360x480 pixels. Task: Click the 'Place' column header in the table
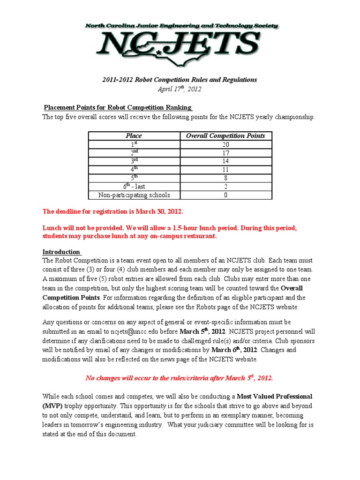[x=134, y=136]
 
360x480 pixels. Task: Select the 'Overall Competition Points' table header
[x=225, y=136]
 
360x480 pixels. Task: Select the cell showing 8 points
[x=225, y=178]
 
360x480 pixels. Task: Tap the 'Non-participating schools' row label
[x=134, y=195]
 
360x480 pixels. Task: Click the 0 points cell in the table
[x=225, y=195]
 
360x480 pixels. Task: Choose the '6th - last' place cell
[x=134, y=187]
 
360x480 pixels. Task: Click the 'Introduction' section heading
[x=61, y=251]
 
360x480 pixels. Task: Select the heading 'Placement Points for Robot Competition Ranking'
[x=117, y=107]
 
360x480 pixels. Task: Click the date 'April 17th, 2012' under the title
[x=180, y=89]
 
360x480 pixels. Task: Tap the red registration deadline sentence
[x=113, y=212]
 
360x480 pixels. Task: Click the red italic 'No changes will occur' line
[x=179, y=378]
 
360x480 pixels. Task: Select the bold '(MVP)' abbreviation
[x=52, y=405]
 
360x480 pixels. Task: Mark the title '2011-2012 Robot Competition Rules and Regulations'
[x=180, y=80]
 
